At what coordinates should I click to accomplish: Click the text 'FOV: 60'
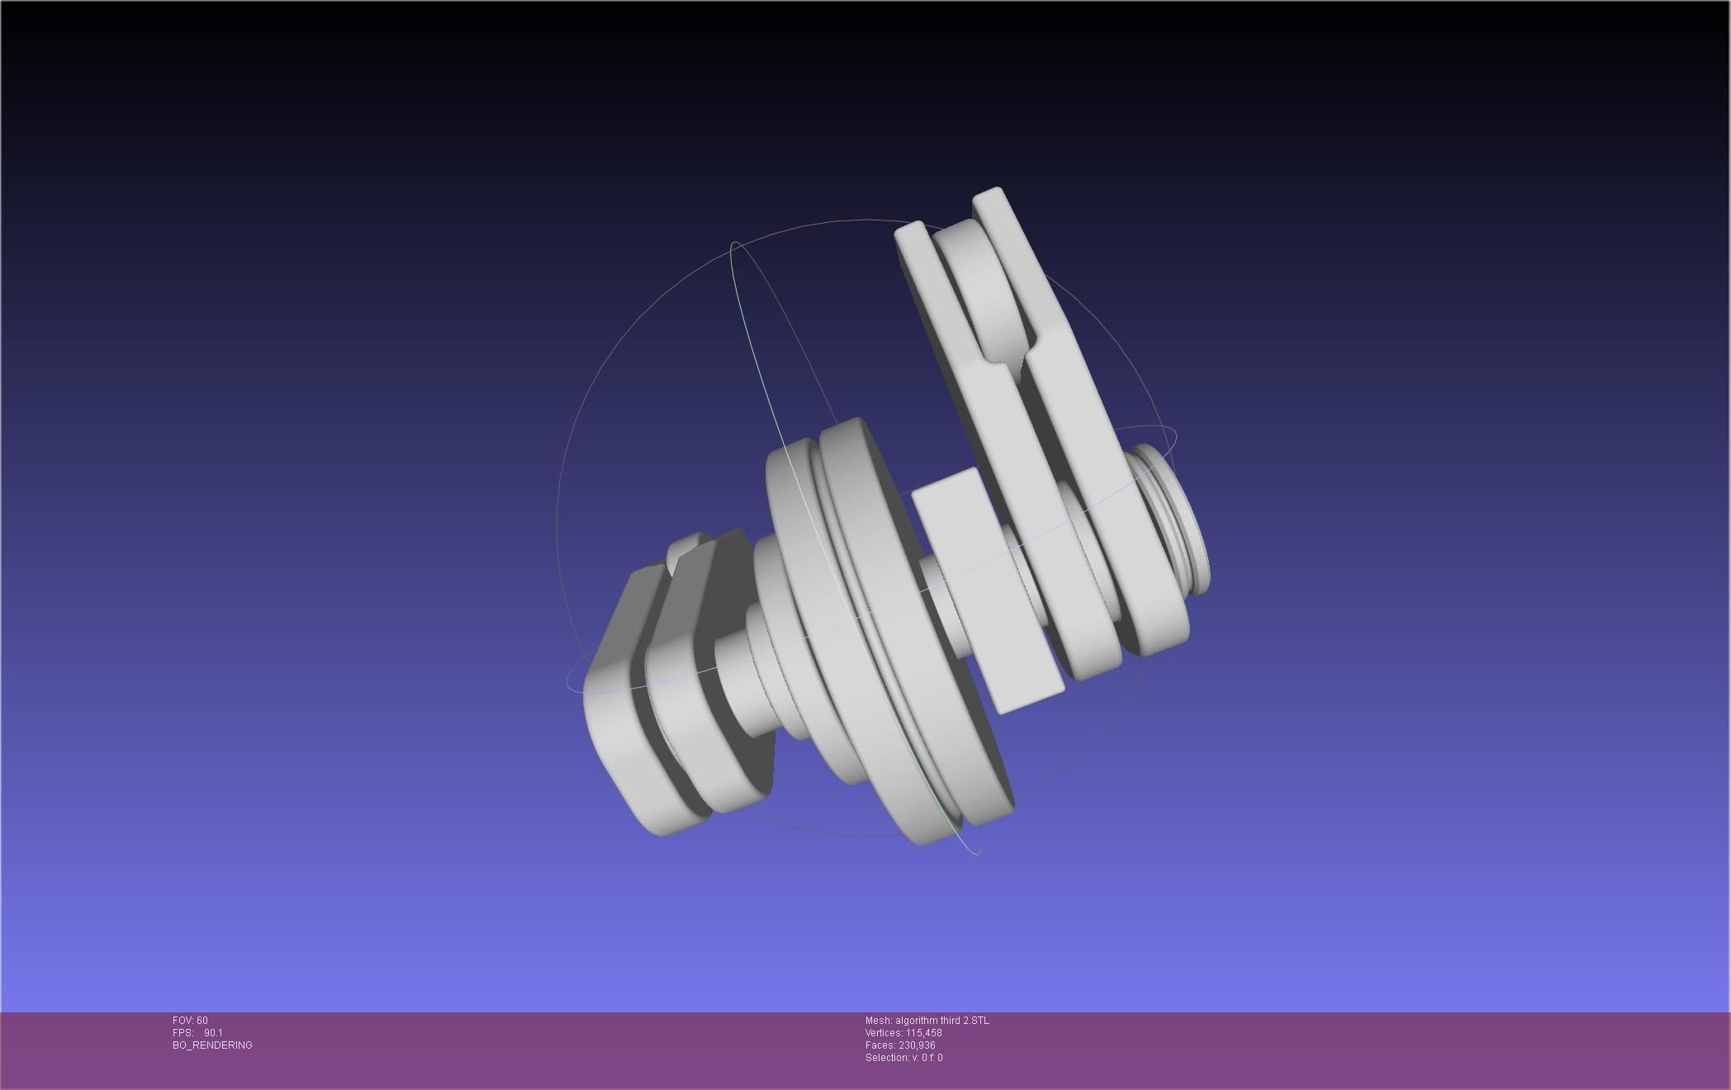(190, 1021)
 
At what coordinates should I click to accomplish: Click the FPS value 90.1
(213, 1033)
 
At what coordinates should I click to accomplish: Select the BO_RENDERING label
(212, 1045)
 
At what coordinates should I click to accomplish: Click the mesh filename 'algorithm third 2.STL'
(941, 1021)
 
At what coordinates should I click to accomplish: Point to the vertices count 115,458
(923, 1033)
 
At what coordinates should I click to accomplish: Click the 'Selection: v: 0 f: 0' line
(903, 1058)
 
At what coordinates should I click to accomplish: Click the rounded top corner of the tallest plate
(991, 198)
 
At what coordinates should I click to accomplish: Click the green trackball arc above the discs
(752, 330)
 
